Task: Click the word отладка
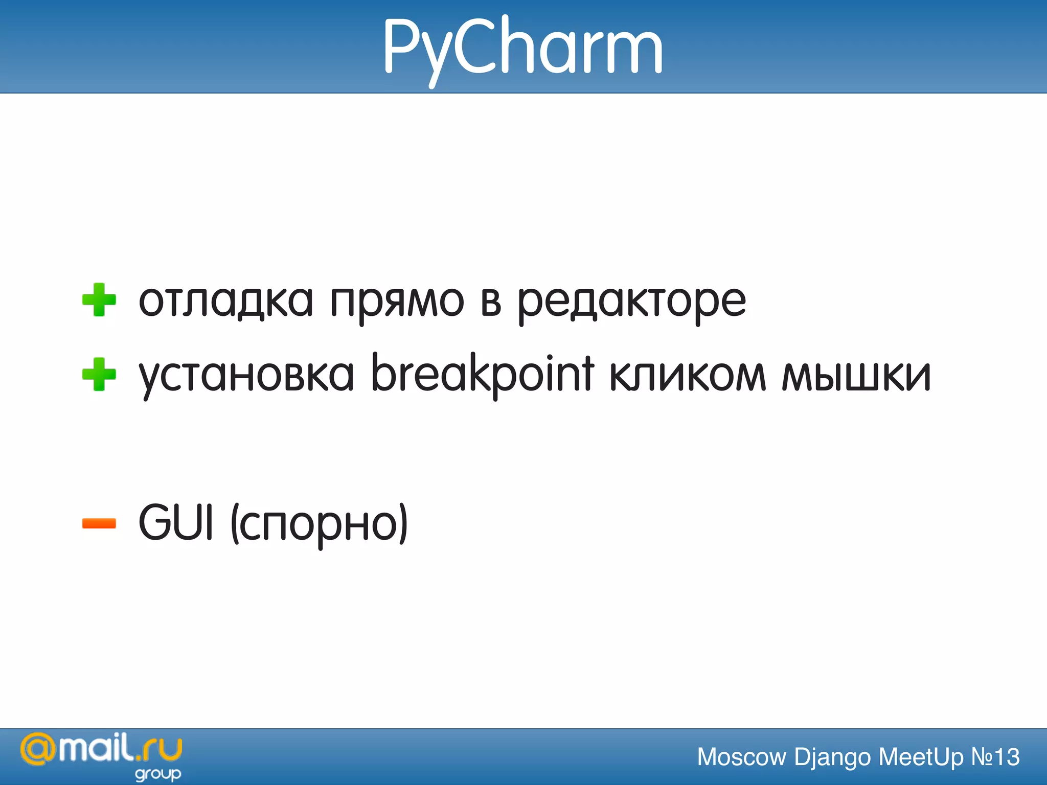[225, 302]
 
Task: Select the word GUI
[175, 522]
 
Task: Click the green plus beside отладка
[99, 300]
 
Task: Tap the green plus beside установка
[99, 374]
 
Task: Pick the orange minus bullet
[99, 523]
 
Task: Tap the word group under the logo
[158, 774]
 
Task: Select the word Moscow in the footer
[741, 757]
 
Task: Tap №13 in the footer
[995, 757]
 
